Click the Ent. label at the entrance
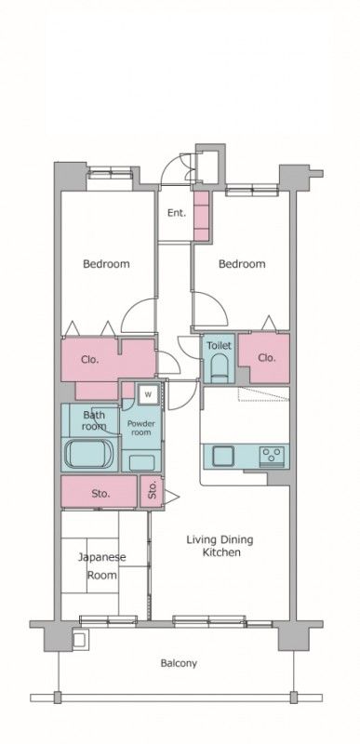[176, 213]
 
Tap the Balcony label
[179, 663]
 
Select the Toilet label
[219, 345]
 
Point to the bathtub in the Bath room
[89, 454]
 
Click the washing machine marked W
[149, 393]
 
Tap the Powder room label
[140, 428]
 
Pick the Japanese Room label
[102, 565]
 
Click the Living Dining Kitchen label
[220, 546]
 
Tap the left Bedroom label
[106, 264]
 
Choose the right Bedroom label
[242, 264]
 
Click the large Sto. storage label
[100, 494]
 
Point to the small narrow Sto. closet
[153, 491]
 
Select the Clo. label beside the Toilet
[267, 358]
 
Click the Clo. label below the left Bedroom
[89, 359]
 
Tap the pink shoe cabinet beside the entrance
[202, 216]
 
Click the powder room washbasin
[141, 462]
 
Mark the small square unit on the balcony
[79, 640]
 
